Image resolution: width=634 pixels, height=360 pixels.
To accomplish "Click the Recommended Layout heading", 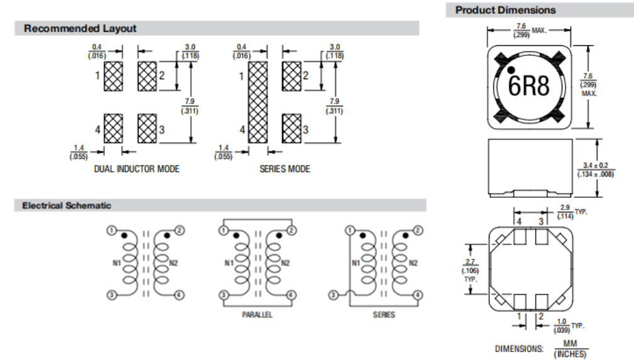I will pos(80,28).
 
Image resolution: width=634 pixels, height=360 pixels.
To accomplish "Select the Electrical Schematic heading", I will pos(67,205).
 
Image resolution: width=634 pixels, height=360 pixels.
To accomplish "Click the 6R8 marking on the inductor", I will pos(528,86).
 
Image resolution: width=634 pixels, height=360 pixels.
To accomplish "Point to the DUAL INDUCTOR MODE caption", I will pos(136,169).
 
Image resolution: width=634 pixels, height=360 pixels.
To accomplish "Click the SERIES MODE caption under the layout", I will pos(285,169).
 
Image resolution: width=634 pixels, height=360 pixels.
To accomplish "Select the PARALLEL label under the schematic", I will pos(257,314).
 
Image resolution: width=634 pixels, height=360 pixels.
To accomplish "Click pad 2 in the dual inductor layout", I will pos(147,75).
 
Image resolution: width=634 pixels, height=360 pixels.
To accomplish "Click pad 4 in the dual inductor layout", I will pos(113,129).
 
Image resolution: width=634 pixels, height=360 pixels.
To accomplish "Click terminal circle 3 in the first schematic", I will pos(111,295).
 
